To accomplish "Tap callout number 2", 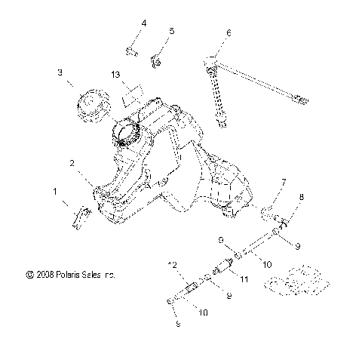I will pos(72,163).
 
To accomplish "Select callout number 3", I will pos(60,72).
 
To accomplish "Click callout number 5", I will pos(171,31).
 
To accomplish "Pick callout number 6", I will pos(229,32).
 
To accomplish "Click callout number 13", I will pos(115,75).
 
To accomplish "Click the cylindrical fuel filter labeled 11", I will pos(223,269).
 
